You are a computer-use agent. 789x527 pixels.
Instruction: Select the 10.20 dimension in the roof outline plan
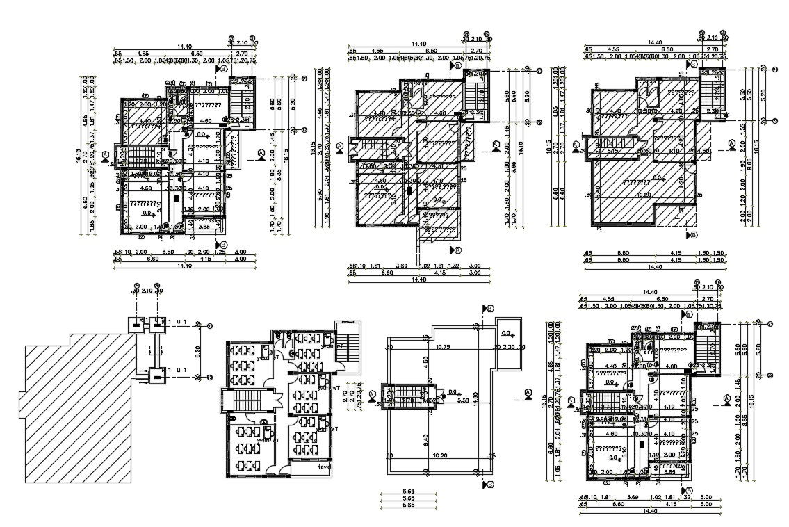tap(439, 456)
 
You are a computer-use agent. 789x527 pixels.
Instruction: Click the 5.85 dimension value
tap(409, 505)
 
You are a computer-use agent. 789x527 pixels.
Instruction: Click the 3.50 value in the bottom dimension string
tap(168, 252)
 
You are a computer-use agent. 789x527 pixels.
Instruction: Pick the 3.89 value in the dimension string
tap(401, 266)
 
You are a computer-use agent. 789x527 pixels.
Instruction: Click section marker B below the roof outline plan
tap(489, 484)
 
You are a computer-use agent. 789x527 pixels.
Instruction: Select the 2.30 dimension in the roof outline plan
tap(508, 347)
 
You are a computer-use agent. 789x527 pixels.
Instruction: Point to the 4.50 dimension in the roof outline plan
tap(425, 361)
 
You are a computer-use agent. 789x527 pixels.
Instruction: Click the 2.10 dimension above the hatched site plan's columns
tap(147, 292)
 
